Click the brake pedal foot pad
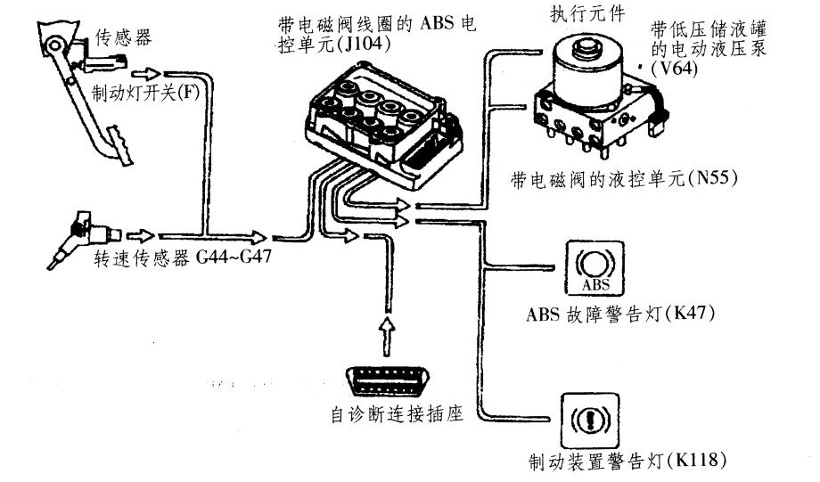(x=116, y=142)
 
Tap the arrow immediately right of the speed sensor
(x=139, y=237)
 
